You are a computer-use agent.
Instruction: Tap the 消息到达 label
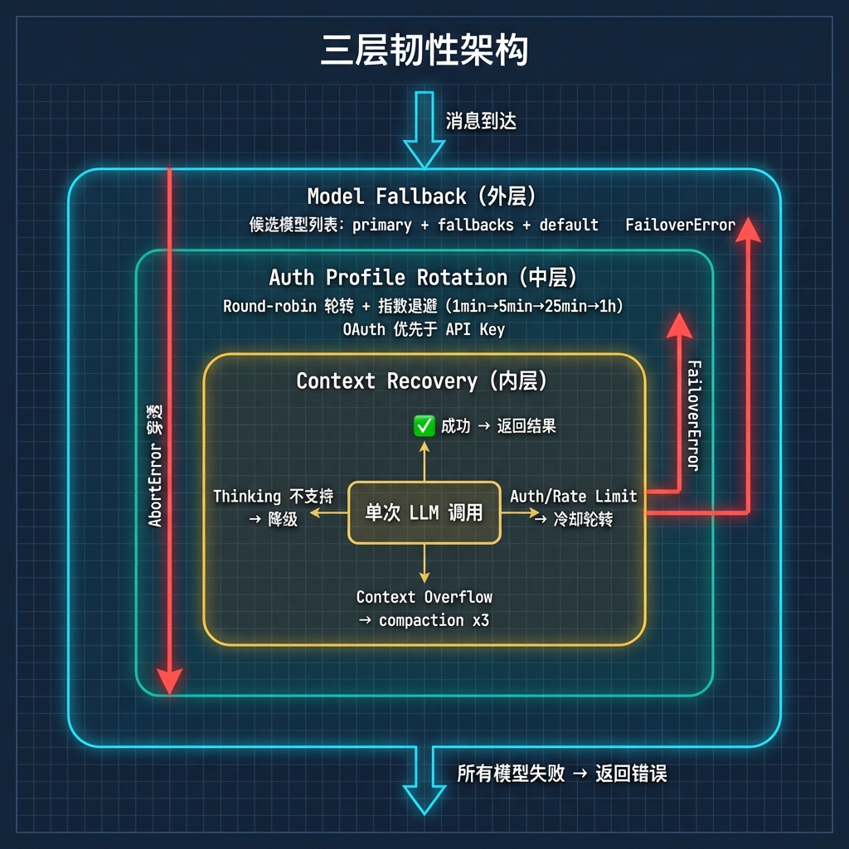pos(481,121)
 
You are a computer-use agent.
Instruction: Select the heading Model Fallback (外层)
pos(422,196)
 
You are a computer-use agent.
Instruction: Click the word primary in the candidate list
pos(382,225)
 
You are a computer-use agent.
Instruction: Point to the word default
pos(569,225)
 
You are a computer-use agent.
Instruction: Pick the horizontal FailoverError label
pos(680,225)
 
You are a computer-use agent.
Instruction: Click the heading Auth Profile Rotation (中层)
pos(423,277)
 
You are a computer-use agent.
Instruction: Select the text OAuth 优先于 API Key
pos(424,329)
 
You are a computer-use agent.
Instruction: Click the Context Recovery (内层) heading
pos(423,381)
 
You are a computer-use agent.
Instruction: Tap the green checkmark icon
pos(424,426)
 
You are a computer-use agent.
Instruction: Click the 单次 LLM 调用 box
pos(424,512)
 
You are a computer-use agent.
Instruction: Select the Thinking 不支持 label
pos(273,497)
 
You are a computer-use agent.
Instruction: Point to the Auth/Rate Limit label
pos(573,497)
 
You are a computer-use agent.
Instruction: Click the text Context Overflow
pos(424,597)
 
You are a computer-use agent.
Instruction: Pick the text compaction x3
pos(434,620)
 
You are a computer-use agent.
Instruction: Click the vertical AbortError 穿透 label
pos(155,466)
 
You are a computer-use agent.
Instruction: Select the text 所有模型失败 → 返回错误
pos(561,774)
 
